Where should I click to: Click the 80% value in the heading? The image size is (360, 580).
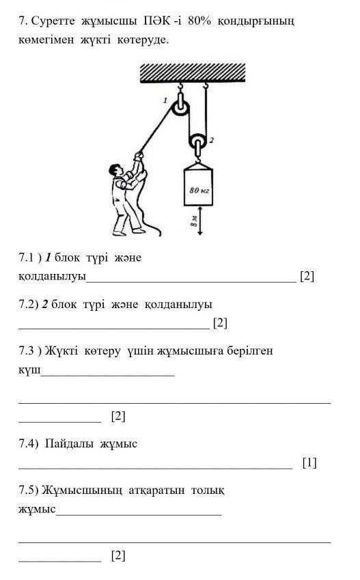(x=199, y=21)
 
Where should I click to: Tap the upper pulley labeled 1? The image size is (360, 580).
(x=180, y=109)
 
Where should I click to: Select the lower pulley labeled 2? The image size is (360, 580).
(x=198, y=141)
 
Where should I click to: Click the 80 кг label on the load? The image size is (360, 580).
(x=199, y=190)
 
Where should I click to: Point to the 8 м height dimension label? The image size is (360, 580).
(x=193, y=221)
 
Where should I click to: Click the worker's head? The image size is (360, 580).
(x=115, y=171)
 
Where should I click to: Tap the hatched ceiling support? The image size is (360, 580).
(x=193, y=72)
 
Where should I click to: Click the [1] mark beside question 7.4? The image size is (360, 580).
(x=309, y=462)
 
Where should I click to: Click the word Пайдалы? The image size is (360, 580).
(x=69, y=443)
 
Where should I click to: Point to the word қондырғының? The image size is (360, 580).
(x=256, y=22)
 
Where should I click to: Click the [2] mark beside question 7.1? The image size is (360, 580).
(x=307, y=276)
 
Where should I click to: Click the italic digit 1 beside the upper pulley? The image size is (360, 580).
(x=165, y=100)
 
